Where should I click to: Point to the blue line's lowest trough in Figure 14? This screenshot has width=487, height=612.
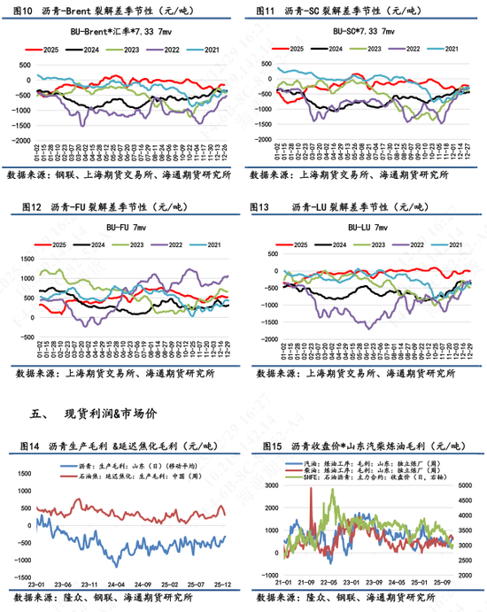[x=115, y=564]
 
